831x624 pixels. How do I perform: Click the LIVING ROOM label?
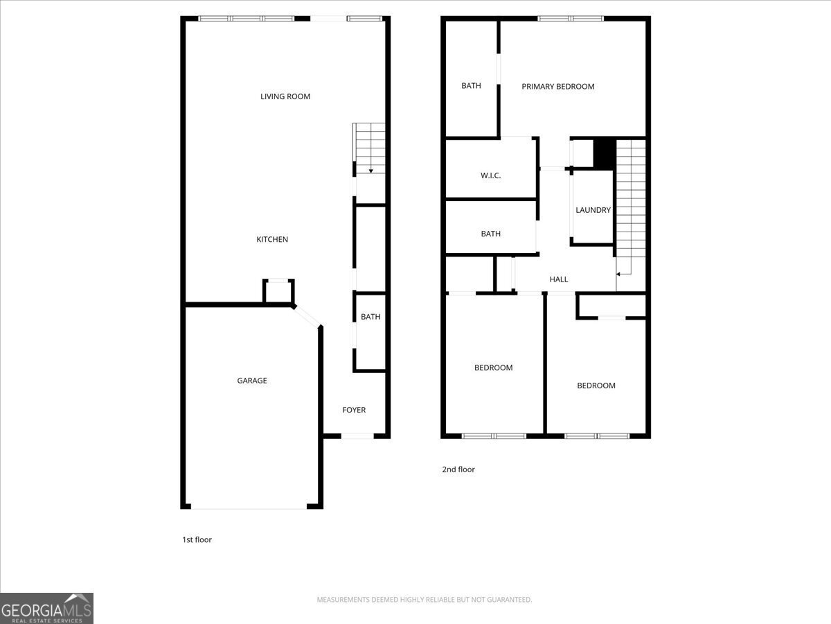(285, 96)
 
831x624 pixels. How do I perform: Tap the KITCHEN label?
(272, 239)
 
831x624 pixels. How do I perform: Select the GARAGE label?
(252, 381)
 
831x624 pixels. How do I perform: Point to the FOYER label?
(354, 410)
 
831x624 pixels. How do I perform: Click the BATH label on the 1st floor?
(370, 317)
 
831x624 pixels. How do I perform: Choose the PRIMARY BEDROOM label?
(557, 87)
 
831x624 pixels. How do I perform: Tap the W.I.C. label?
(490, 175)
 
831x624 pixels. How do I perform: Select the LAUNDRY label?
(593, 210)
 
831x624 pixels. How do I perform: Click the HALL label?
(559, 279)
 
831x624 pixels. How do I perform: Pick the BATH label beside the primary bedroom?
(471, 86)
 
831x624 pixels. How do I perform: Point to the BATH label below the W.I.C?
(490, 234)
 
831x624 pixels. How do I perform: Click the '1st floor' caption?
(197, 539)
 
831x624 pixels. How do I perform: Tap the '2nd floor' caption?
(458, 469)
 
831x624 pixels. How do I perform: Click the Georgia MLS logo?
(46, 608)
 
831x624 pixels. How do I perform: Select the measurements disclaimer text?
(424, 599)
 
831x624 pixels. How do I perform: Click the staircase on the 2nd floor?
(630, 201)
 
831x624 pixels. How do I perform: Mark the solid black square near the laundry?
(604, 153)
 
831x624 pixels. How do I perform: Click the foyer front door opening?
(358, 435)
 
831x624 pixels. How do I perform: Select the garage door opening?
(249, 507)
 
